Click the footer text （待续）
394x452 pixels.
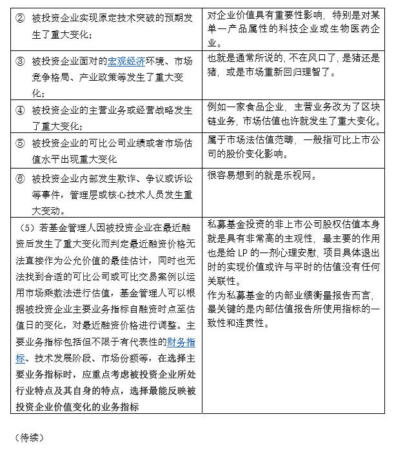pos(29,437)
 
